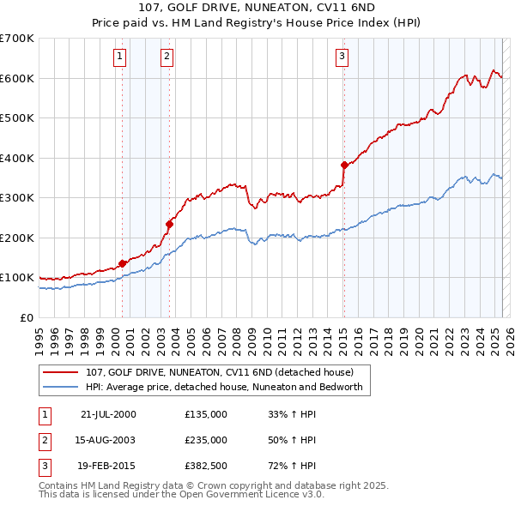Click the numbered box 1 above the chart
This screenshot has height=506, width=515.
pos(119,57)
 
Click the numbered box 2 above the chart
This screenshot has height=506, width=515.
pos(167,57)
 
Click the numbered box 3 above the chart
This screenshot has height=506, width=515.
pos(342,57)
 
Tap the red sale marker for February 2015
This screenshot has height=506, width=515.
pos(344,165)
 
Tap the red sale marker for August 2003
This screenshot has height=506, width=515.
pos(170,224)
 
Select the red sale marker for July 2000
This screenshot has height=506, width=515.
pos(123,263)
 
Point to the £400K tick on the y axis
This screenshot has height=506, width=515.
pos(18,158)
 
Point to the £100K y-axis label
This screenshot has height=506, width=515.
pos(18,278)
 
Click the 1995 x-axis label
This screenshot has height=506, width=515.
pos(39,335)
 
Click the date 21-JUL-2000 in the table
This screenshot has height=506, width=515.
pos(108,413)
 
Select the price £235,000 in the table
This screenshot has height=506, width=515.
pos(206,440)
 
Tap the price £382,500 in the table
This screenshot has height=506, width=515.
pos(206,467)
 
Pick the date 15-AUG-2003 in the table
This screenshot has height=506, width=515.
pos(108,440)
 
